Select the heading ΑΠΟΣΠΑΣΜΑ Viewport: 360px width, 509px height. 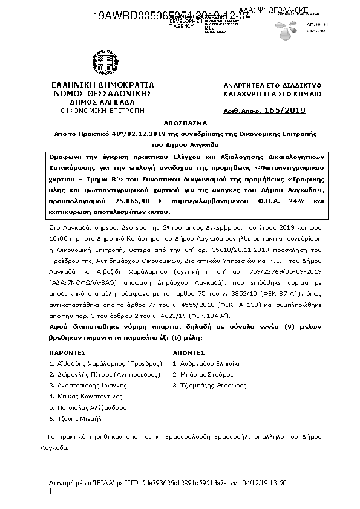(x=180, y=122)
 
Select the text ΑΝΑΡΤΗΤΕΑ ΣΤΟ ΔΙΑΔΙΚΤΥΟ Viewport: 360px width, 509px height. (x=264, y=86)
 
